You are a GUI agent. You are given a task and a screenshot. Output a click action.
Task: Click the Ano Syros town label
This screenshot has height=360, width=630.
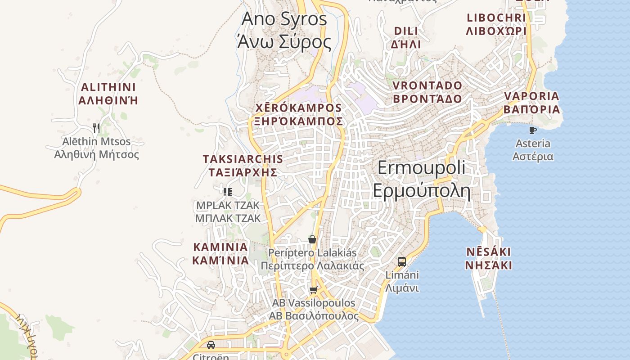pyautogui.click(x=284, y=31)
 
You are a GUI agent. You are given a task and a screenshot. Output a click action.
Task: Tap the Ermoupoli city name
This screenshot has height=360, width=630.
pyautogui.click(x=422, y=179)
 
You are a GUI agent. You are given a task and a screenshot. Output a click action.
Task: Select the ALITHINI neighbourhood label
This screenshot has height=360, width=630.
pyautogui.click(x=108, y=94)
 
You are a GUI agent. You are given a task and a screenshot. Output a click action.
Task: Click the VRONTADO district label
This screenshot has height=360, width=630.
pyautogui.click(x=427, y=92)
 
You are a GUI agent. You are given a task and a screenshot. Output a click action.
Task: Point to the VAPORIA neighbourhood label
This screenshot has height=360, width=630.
pyautogui.click(x=531, y=103)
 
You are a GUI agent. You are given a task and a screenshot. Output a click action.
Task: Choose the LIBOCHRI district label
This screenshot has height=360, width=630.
pyautogui.click(x=496, y=24)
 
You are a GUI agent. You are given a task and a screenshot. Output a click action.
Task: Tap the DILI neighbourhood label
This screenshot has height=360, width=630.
pyautogui.click(x=406, y=37)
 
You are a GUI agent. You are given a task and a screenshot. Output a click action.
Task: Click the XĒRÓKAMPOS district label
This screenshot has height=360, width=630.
pyautogui.click(x=298, y=115)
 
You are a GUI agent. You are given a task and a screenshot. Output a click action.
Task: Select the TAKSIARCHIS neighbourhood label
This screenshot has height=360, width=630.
pyautogui.click(x=243, y=166)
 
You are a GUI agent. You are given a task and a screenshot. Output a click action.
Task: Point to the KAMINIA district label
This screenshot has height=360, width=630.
pyautogui.click(x=220, y=253)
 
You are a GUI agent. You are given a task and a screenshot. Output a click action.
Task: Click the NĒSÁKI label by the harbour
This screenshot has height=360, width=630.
pyautogui.click(x=488, y=258)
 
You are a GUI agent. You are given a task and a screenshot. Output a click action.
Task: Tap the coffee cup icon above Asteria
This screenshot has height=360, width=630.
pyautogui.click(x=533, y=130)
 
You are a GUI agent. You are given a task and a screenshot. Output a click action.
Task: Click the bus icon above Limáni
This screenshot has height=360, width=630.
pyautogui.click(x=402, y=261)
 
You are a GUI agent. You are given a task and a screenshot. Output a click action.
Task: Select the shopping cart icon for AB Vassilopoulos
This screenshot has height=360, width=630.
pyautogui.click(x=314, y=290)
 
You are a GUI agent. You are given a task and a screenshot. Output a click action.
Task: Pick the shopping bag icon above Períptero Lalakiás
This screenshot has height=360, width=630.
pyautogui.click(x=312, y=239)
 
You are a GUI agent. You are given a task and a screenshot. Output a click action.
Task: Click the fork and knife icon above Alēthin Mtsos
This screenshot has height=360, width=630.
pyautogui.click(x=96, y=128)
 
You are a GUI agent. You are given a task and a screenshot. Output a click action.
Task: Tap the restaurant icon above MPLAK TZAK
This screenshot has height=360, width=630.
pyautogui.click(x=228, y=192)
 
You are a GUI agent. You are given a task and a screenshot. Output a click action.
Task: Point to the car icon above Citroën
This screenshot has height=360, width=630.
pyautogui.click(x=211, y=345)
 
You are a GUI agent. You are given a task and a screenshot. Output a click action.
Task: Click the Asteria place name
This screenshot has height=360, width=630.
pyautogui.click(x=533, y=150)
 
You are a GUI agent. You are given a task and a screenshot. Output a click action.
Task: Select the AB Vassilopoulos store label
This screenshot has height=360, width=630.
pyautogui.click(x=314, y=309)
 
